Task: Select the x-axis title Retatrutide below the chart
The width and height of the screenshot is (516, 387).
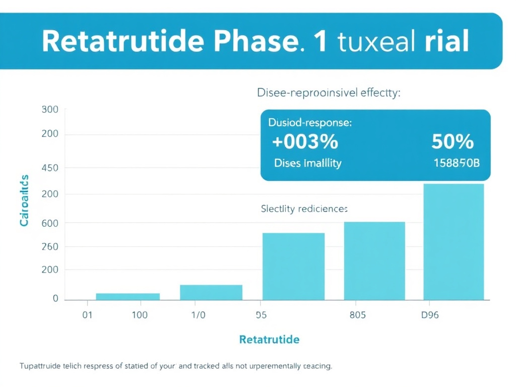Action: click(269, 339)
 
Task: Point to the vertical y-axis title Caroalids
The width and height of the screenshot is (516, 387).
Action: click(24, 200)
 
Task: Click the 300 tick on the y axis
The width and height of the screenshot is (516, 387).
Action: click(50, 109)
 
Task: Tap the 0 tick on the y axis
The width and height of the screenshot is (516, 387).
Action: click(55, 298)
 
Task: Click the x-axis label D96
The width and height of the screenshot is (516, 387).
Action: click(429, 315)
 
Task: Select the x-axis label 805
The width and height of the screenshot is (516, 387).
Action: click(357, 315)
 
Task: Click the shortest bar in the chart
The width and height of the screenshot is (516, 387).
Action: click(127, 296)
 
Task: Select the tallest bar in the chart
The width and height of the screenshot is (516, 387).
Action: click(454, 242)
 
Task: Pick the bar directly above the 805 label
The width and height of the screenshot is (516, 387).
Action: click(374, 261)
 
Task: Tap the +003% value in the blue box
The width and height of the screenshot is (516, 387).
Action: click(305, 142)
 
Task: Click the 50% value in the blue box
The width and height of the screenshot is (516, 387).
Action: click(453, 142)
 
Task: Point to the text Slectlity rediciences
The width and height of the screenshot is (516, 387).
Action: click(304, 208)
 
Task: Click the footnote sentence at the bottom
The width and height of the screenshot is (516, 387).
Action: click(176, 366)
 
